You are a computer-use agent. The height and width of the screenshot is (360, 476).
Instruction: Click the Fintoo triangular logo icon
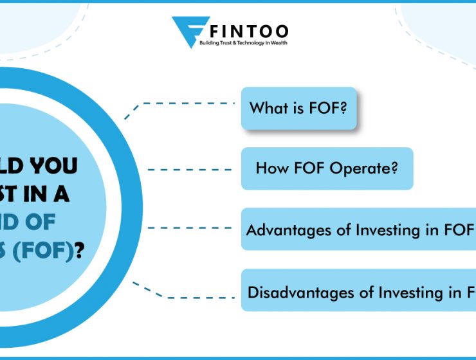[x=190, y=31]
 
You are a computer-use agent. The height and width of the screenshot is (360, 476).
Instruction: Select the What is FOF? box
[x=298, y=108]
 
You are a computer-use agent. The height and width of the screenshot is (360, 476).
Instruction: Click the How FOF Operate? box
[x=327, y=169]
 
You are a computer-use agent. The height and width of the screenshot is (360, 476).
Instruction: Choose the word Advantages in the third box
[x=282, y=230]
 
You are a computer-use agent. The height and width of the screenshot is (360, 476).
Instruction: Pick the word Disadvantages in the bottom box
[x=293, y=292]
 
